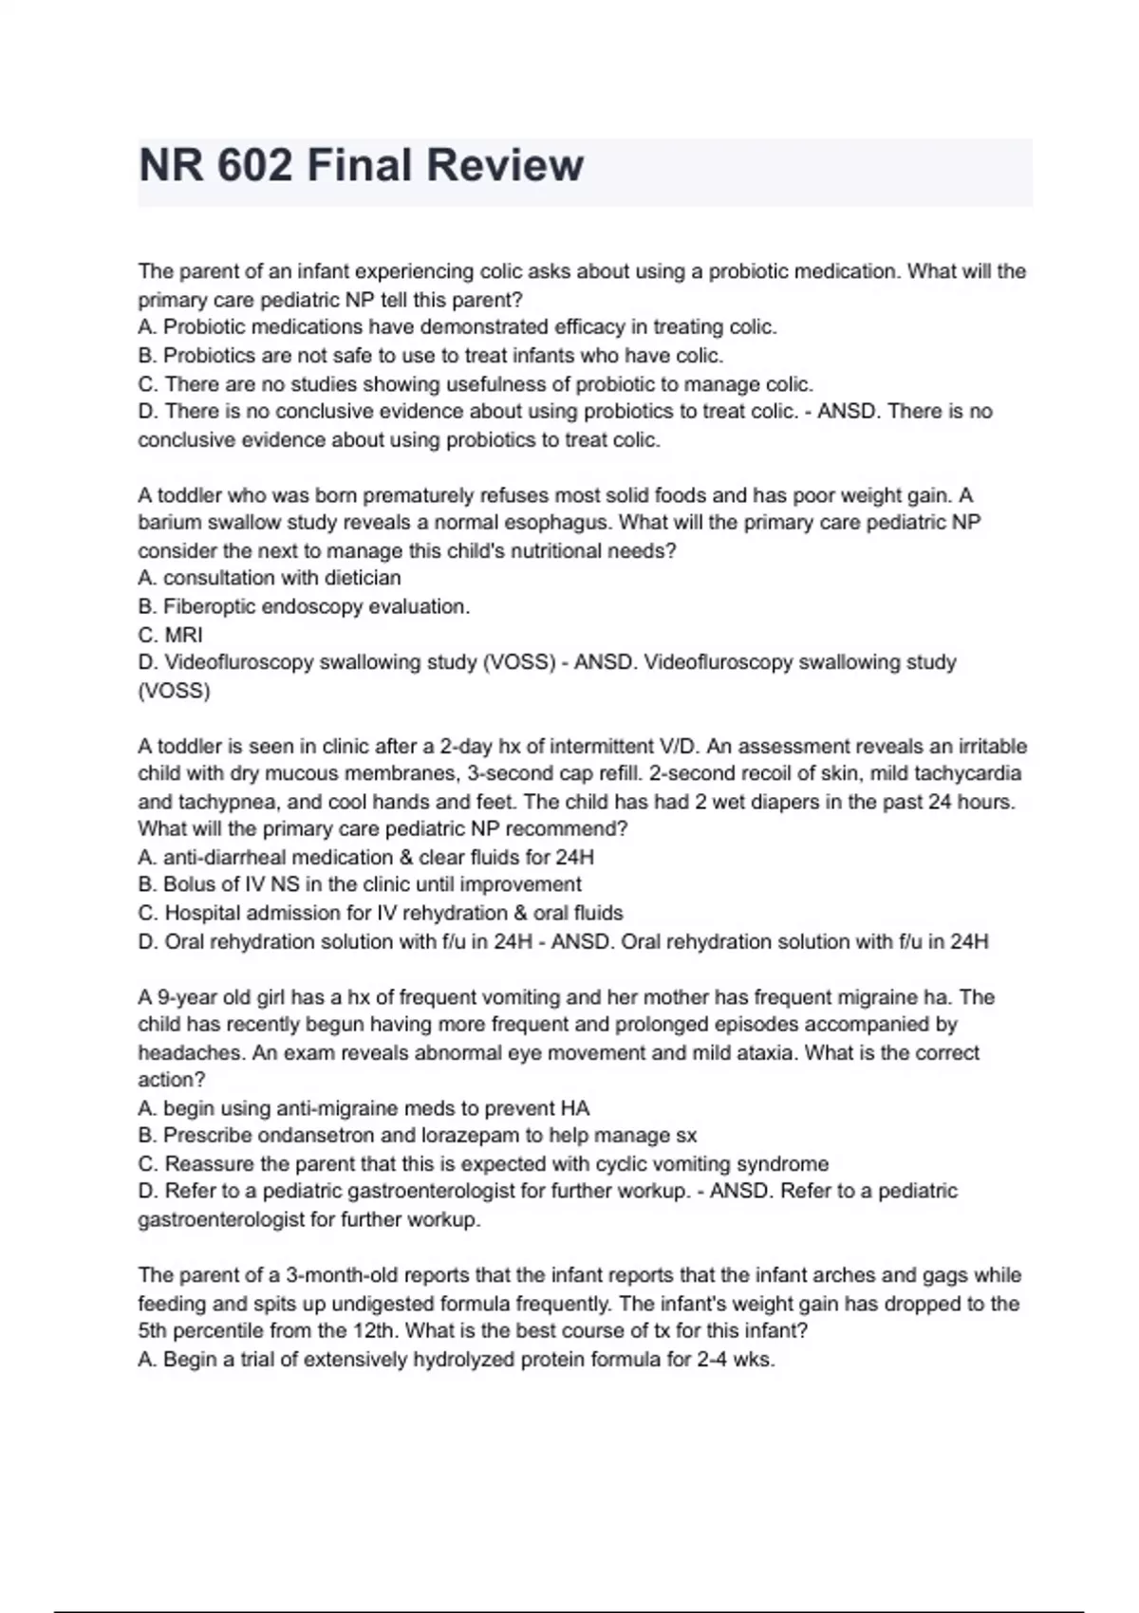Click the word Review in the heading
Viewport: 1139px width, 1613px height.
click(505, 165)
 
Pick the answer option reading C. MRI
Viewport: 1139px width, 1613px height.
click(171, 635)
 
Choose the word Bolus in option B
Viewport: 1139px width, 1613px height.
click(191, 884)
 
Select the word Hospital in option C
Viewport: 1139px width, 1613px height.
click(202, 913)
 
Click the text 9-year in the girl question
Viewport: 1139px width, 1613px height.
click(185, 997)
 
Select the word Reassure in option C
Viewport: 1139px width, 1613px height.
click(210, 1164)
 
